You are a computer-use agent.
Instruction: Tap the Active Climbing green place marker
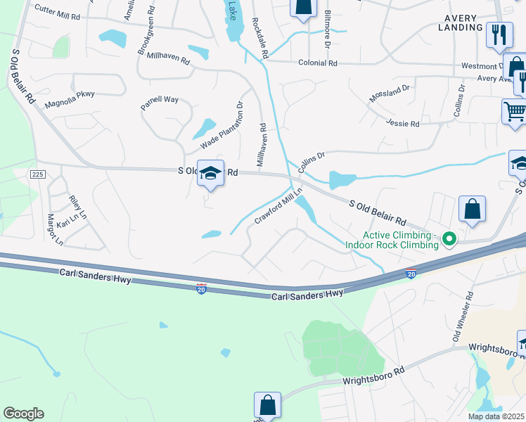[447, 241]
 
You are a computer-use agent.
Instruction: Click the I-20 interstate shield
[201, 289]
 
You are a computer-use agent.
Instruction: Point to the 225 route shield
[37, 174]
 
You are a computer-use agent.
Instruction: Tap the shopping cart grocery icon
[514, 112]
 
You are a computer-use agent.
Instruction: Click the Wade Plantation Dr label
[222, 124]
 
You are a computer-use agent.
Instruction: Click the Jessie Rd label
[403, 124]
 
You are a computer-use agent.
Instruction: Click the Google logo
[23, 414]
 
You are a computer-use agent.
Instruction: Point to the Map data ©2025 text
[496, 416]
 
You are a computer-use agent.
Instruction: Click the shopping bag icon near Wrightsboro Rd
[267, 404]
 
